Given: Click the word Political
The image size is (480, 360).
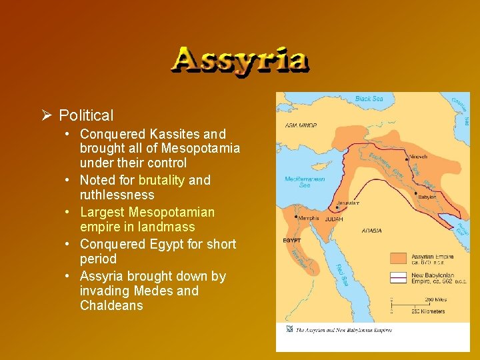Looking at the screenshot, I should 86,115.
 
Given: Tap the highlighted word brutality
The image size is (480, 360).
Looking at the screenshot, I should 162,180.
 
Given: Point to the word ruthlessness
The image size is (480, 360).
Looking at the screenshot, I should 117,195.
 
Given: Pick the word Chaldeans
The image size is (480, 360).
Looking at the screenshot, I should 111,305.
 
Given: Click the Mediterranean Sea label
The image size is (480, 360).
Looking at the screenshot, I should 304,182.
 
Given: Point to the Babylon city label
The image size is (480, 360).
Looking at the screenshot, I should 427,197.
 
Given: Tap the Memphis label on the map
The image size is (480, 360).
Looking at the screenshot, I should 307,218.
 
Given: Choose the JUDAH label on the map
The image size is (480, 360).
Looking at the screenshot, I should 334,218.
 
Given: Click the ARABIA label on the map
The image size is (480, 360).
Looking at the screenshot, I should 372,231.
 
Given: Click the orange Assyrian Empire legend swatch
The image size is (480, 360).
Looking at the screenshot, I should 399,257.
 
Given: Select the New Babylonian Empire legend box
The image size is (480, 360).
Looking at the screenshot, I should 399,277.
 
